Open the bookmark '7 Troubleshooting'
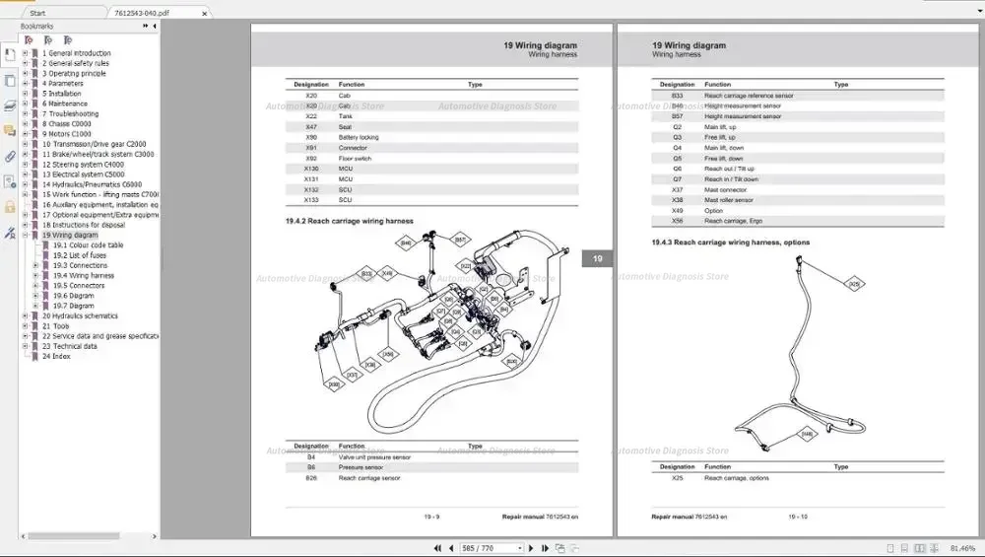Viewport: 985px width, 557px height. click(74, 113)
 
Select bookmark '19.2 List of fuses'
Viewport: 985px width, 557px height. click(80, 255)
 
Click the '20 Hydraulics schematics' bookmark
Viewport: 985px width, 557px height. click(80, 315)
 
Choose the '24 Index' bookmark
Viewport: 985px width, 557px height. click(56, 356)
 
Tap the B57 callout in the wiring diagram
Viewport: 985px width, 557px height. click(460, 240)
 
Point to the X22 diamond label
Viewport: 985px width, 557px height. click(466, 265)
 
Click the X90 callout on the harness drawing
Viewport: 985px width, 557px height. click(333, 383)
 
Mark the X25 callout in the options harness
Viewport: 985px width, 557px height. click(855, 284)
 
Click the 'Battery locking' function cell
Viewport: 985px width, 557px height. click(359, 137)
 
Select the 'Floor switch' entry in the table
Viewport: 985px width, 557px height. click(355, 158)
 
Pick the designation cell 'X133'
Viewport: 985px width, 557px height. click(311, 199)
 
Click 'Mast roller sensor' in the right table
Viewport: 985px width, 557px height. click(728, 200)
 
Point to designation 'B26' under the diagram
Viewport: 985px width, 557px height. click(311, 478)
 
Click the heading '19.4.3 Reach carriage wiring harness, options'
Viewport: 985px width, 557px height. click(730, 242)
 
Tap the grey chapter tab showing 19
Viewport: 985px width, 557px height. click(597, 259)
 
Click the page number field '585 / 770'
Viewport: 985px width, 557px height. click(492, 548)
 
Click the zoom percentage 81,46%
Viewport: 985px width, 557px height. click(962, 548)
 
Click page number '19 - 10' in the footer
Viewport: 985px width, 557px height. click(797, 516)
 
